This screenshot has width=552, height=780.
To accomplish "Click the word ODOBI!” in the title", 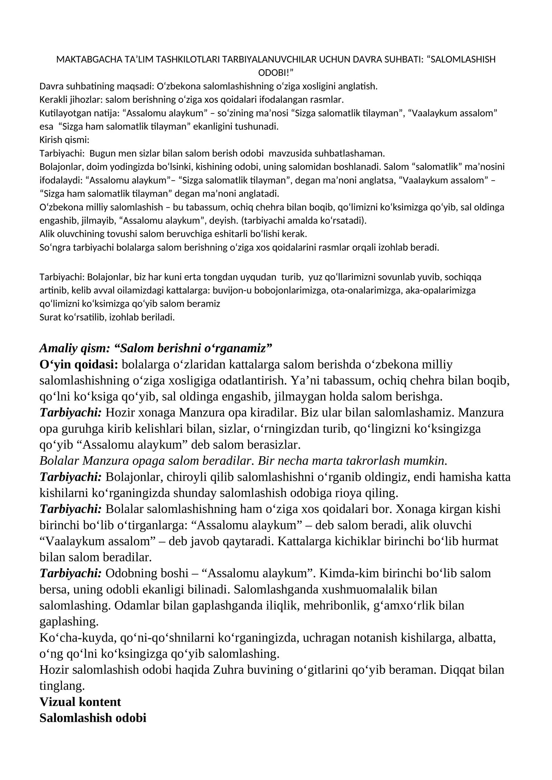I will coord(276,73).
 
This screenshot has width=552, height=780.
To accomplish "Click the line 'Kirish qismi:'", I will coord(65,140).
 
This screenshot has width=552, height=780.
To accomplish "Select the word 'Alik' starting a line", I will coord(47,234).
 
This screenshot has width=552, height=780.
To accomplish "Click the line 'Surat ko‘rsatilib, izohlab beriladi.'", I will coord(107,317).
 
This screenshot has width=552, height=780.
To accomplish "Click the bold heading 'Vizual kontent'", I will coord(80,702).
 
